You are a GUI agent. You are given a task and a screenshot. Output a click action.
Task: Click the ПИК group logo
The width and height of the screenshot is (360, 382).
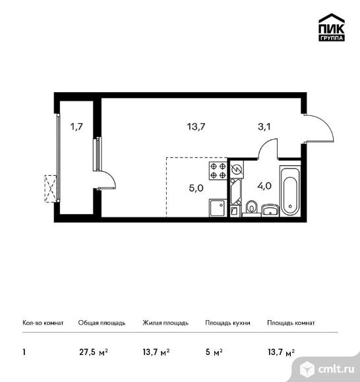[x=332, y=27]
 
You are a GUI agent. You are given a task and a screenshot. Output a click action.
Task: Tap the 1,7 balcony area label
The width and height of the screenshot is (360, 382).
[x=76, y=126]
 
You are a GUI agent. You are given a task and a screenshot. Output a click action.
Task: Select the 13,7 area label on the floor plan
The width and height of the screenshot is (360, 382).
[x=196, y=126]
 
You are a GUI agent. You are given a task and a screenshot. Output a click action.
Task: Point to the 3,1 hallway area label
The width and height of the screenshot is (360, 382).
[x=264, y=126]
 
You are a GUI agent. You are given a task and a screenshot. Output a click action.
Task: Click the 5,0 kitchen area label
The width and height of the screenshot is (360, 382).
[x=196, y=188]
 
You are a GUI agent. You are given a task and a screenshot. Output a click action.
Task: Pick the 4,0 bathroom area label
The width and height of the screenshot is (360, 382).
[x=264, y=186]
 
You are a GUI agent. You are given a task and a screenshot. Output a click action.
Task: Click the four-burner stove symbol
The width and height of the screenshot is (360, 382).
[x=218, y=171]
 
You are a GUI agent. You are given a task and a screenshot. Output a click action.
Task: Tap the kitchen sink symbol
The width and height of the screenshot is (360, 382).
[x=218, y=208]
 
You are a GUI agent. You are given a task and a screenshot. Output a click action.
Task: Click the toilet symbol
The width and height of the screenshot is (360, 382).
[x=251, y=208]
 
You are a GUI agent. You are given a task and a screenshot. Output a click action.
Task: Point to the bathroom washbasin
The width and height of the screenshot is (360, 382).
[x=270, y=210]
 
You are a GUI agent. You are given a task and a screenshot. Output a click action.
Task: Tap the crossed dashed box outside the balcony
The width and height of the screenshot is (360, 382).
[x=51, y=188]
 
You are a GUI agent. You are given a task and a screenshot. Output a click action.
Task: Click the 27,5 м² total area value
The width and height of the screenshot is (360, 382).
[x=94, y=352]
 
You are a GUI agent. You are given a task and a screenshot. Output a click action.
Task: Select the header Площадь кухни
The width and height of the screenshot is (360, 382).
[x=227, y=323]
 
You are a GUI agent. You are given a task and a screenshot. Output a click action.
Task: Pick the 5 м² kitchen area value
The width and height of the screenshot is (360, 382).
[x=214, y=352]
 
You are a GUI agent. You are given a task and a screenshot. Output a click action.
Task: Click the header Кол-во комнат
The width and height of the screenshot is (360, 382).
[x=43, y=323]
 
